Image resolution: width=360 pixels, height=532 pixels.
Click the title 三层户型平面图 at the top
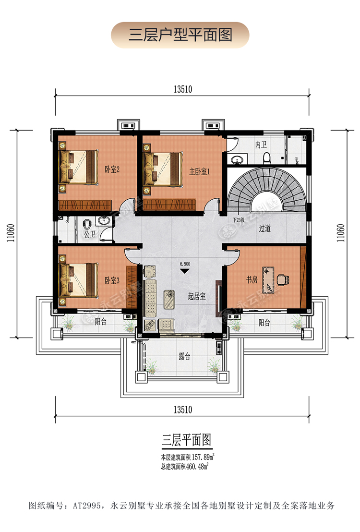coord(180,35)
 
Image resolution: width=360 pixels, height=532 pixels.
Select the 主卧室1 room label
coord(199,171)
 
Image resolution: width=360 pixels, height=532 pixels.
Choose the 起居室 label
coord(197,296)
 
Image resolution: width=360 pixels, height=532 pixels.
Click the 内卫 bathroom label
coord(261,144)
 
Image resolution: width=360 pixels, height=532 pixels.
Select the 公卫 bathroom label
coord(89,235)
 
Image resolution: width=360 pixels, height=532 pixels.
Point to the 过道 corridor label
coord(265,229)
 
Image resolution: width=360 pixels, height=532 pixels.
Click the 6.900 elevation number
coord(185,264)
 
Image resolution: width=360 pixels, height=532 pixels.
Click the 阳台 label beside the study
coord(264,323)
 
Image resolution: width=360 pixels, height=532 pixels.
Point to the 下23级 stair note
coord(239,220)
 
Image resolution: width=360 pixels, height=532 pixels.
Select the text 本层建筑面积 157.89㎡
coord(187,456)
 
